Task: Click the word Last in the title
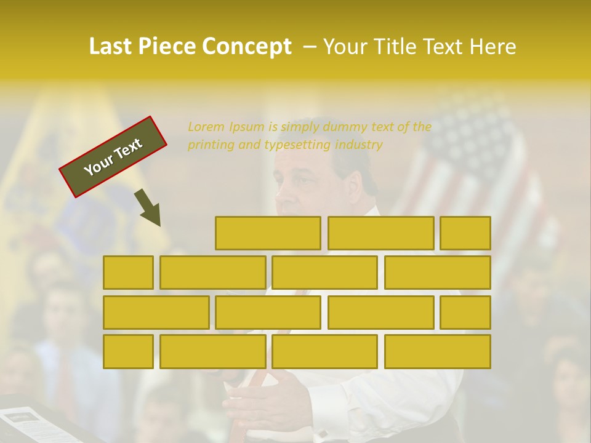tap(112, 46)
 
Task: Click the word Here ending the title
tap(494, 46)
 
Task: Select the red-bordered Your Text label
tap(113, 157)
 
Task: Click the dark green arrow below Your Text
tap(148, 207)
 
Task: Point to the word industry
tap(360, 145)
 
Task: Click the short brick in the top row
tap(465, 233)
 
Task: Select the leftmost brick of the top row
tap(268, 233)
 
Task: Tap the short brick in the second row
tap(128, 273)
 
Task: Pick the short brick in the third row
tap(465, 313)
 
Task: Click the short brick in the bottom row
tap(128, 352)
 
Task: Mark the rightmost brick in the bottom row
tap(438, 352)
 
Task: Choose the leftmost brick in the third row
tap(156, 313)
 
